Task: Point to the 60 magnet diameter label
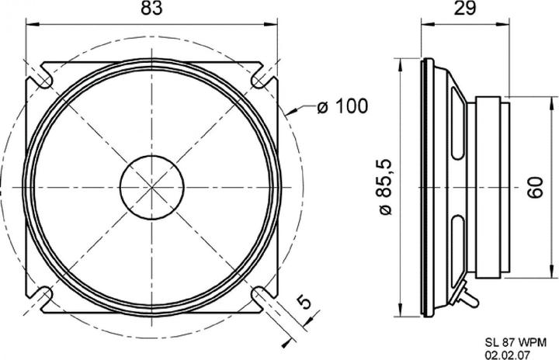[535, 187]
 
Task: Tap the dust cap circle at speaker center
[151, 185]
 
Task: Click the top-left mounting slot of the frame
[40, 78]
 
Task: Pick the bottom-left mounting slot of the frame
[41, 296]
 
